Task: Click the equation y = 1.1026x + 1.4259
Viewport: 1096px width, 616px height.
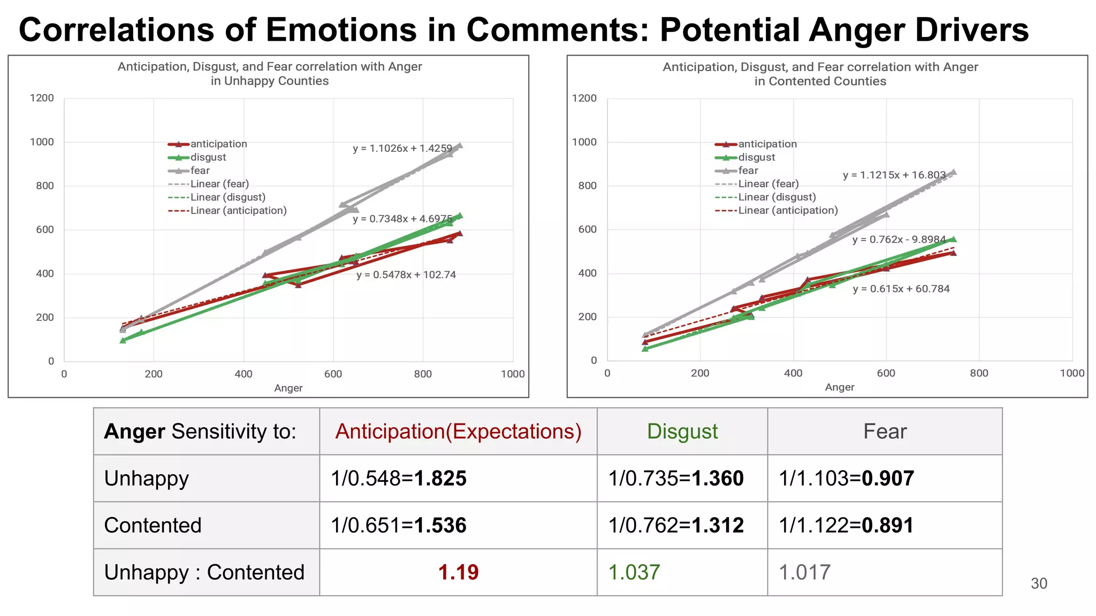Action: point(402,148)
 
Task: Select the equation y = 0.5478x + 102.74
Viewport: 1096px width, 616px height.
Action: point(406,275)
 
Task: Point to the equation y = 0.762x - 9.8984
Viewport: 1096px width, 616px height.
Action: point(899,240)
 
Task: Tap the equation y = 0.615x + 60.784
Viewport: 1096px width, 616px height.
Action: point(901,289)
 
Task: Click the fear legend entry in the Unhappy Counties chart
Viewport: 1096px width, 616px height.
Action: point(200,171)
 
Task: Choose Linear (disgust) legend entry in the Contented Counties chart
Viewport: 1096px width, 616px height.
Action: point(777,197)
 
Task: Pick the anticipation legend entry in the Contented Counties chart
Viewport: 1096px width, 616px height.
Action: point(767,144)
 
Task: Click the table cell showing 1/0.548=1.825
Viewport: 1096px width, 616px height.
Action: point(399,478)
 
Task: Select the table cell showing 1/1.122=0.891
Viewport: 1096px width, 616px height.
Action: point(846,525)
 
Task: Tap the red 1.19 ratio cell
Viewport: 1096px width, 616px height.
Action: point(458,572)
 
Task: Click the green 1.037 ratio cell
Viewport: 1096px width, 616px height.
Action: point(634,572)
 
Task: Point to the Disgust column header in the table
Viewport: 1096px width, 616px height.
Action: point(682,432)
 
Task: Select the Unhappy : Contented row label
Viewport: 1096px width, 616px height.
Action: point(204,572)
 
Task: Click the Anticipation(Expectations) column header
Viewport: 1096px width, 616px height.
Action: point(458,432)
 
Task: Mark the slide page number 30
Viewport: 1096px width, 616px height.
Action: point(1039,583)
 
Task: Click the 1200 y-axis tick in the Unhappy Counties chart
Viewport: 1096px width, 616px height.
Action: point(42,98)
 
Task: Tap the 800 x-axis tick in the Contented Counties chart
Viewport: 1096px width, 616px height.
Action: point(979,373)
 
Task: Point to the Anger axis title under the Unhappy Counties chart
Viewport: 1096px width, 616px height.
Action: point(288,388)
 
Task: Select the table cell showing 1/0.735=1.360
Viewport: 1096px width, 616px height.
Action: point(676,478)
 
